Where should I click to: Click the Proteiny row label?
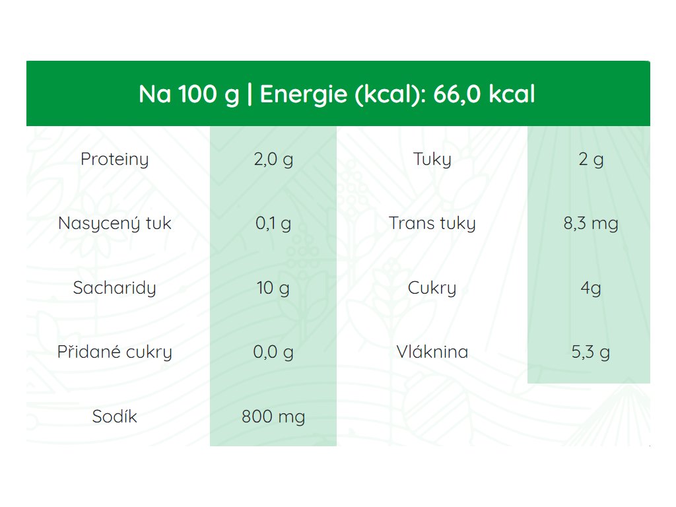coord(115,160)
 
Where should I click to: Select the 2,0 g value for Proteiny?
coord(273,160)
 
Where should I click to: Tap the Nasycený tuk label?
coord(115,223)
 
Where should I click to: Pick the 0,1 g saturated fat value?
coord(273,223)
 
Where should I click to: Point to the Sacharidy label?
coord(115,288)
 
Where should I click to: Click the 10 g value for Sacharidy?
coord(273,288)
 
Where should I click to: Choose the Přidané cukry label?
coord(115,352)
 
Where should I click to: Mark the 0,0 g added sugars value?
coord(273,352)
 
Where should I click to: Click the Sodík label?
coord(115,416)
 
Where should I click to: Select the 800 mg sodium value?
coord(273,417)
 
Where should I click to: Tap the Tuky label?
coord(432,160)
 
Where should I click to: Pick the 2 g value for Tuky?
coord(591,160)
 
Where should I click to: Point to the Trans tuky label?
coord(432,223)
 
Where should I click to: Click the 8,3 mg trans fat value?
coord(591,223)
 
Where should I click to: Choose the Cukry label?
coord(432,288)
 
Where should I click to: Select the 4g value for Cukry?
coord(591,288)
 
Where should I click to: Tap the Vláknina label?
coord(432,352)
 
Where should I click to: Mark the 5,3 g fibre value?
coord(591,352)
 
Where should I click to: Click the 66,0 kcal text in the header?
coord(484,94)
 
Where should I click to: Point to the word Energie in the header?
coord(304,94)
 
